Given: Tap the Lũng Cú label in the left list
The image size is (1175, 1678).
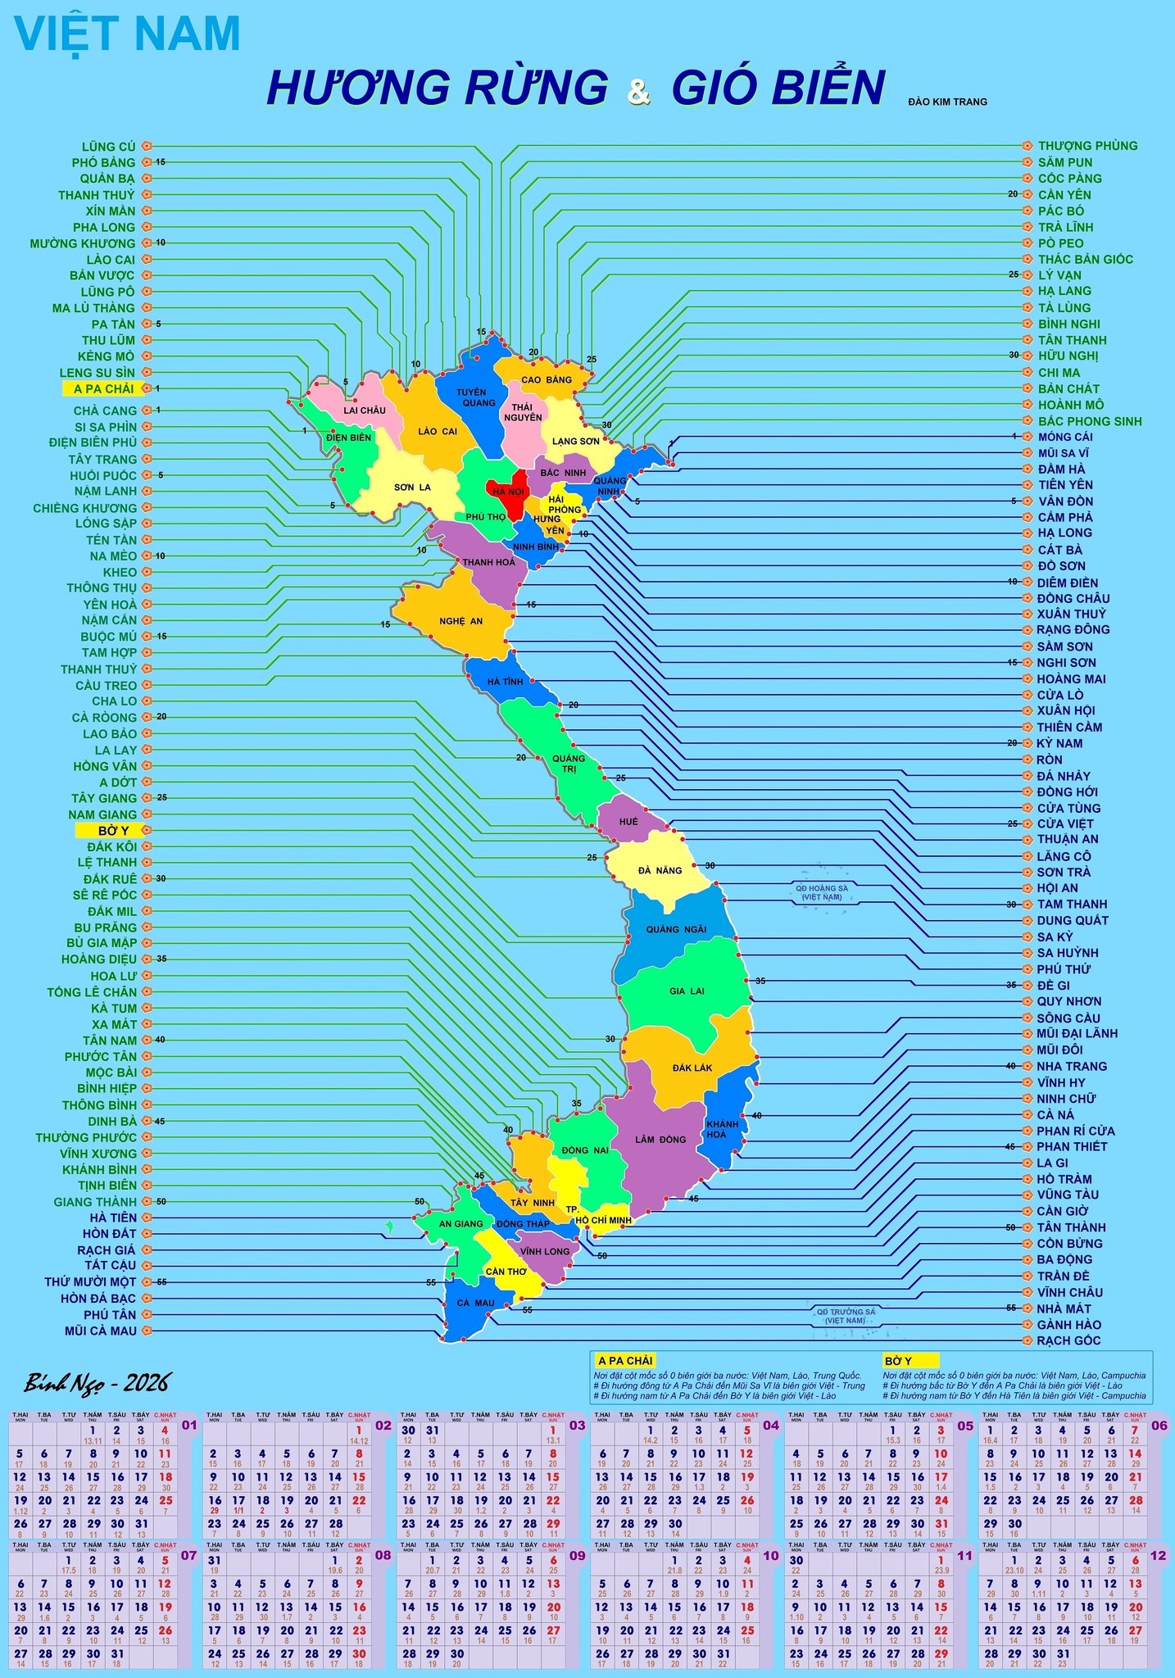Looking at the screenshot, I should [109, 147].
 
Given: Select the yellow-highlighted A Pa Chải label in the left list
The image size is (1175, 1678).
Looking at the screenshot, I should [103, 388].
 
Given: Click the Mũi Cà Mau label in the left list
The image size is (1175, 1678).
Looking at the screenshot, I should [101, 1331].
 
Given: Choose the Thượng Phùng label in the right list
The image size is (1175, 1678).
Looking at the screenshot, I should [1087, 146].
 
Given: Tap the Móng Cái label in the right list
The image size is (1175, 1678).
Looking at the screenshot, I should [1064, 437].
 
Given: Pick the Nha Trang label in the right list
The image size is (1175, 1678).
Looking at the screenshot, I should [1071, 1066].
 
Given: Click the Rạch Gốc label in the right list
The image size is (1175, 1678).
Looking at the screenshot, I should [1068, 1340].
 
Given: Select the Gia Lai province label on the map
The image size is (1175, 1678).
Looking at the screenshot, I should [687, 991].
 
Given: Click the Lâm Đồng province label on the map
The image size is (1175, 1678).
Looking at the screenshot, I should [660, 1140].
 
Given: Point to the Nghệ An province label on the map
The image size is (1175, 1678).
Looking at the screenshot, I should [460, 621].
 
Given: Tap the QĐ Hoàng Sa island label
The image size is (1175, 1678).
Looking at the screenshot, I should [821, 892].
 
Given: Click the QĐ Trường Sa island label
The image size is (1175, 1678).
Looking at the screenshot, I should [846, 1316].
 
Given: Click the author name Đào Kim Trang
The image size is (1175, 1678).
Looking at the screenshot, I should [947, 102].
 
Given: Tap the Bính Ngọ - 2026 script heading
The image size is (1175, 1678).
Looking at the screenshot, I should [97, 1384].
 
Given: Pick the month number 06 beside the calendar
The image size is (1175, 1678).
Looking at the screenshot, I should [1159, 1425].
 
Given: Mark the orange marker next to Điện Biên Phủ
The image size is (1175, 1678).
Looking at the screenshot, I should [147, 442].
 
